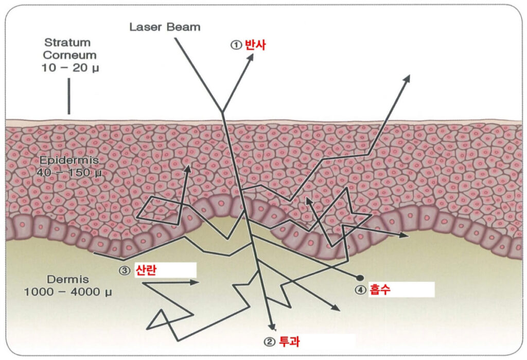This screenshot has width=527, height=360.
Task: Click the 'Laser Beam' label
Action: coord(164,27)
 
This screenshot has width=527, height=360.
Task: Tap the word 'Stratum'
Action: coord(67,42)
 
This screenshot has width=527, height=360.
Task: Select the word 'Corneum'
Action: coord(67,55)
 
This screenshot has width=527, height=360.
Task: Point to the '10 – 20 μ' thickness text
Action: coord(67,67)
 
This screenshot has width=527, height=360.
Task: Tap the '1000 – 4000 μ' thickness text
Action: coord(68,292)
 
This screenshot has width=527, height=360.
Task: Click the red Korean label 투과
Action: coord(289,341)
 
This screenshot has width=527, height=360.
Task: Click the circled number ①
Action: coord(236,45)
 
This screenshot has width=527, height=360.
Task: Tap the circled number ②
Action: coord(269,341)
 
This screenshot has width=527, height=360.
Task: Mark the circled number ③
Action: coord(125,270)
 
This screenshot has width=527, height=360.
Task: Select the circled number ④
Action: coord(360,289)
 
